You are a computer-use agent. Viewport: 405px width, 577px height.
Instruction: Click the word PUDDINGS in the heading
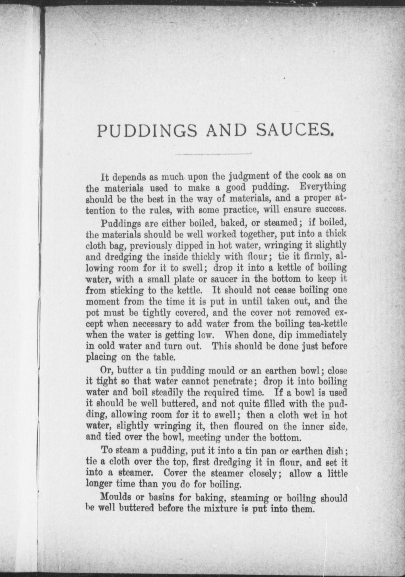[x=147, y=131]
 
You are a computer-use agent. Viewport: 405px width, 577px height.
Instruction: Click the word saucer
[x=224, y=279]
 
